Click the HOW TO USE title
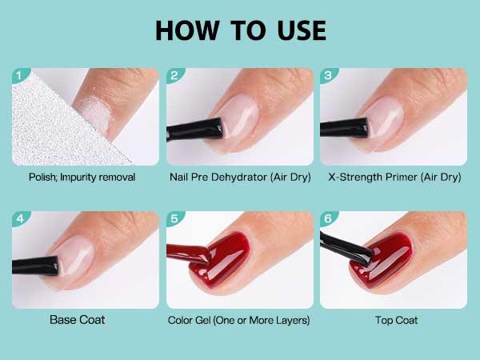coord(240,30)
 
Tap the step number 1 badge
coord(20,76)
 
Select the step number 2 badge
coord(174,76)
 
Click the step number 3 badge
coord(327,76)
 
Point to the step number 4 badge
coord(20,219)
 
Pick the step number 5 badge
coord(174,219)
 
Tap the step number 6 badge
coord(327,219)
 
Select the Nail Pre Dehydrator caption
coord(239,177)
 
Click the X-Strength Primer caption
coord(394,177)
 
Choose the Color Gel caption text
coord(239,320)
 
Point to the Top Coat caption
coord(393,320)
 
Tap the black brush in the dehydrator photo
coord(196,127)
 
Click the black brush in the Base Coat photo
coord(36,262)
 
